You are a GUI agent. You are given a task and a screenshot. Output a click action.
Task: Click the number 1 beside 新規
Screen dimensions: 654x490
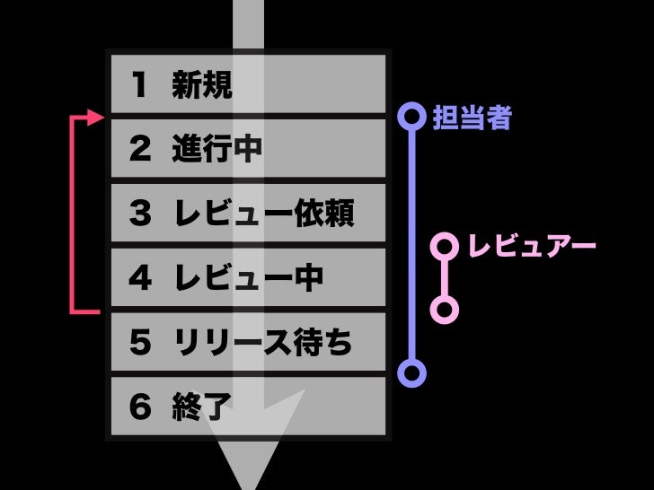click(x=138, y=85)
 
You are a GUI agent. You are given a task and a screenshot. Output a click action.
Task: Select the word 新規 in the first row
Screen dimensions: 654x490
click(x=202, y=85)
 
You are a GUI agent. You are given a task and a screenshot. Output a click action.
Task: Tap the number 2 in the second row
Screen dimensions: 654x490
click(x=139, y=150)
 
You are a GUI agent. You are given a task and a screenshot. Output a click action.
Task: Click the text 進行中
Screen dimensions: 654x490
click(x=217, y=150)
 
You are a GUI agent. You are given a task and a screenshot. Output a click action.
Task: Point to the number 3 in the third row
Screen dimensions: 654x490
click(x=139, y=214)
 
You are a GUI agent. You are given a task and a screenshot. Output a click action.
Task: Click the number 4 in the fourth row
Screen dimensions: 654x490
click(x=139, y=278)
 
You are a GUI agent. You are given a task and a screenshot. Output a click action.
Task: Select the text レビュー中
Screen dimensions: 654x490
click(x=248, y=278)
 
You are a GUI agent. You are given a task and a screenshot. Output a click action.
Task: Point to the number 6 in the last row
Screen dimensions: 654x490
click(x=139, y=407)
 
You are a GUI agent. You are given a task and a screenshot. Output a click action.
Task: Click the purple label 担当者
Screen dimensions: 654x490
click(x=472, y=118)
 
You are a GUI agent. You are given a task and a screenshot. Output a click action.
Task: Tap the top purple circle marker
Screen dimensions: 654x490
click(x=411, y=117)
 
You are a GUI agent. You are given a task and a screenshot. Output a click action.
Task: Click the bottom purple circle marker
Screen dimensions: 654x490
click(x=411, y=372)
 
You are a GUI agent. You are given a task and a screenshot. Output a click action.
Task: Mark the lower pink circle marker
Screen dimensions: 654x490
click(x=444, y=310)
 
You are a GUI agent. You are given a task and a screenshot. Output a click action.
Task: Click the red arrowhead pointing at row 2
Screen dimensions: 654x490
click(x=97, y=118)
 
